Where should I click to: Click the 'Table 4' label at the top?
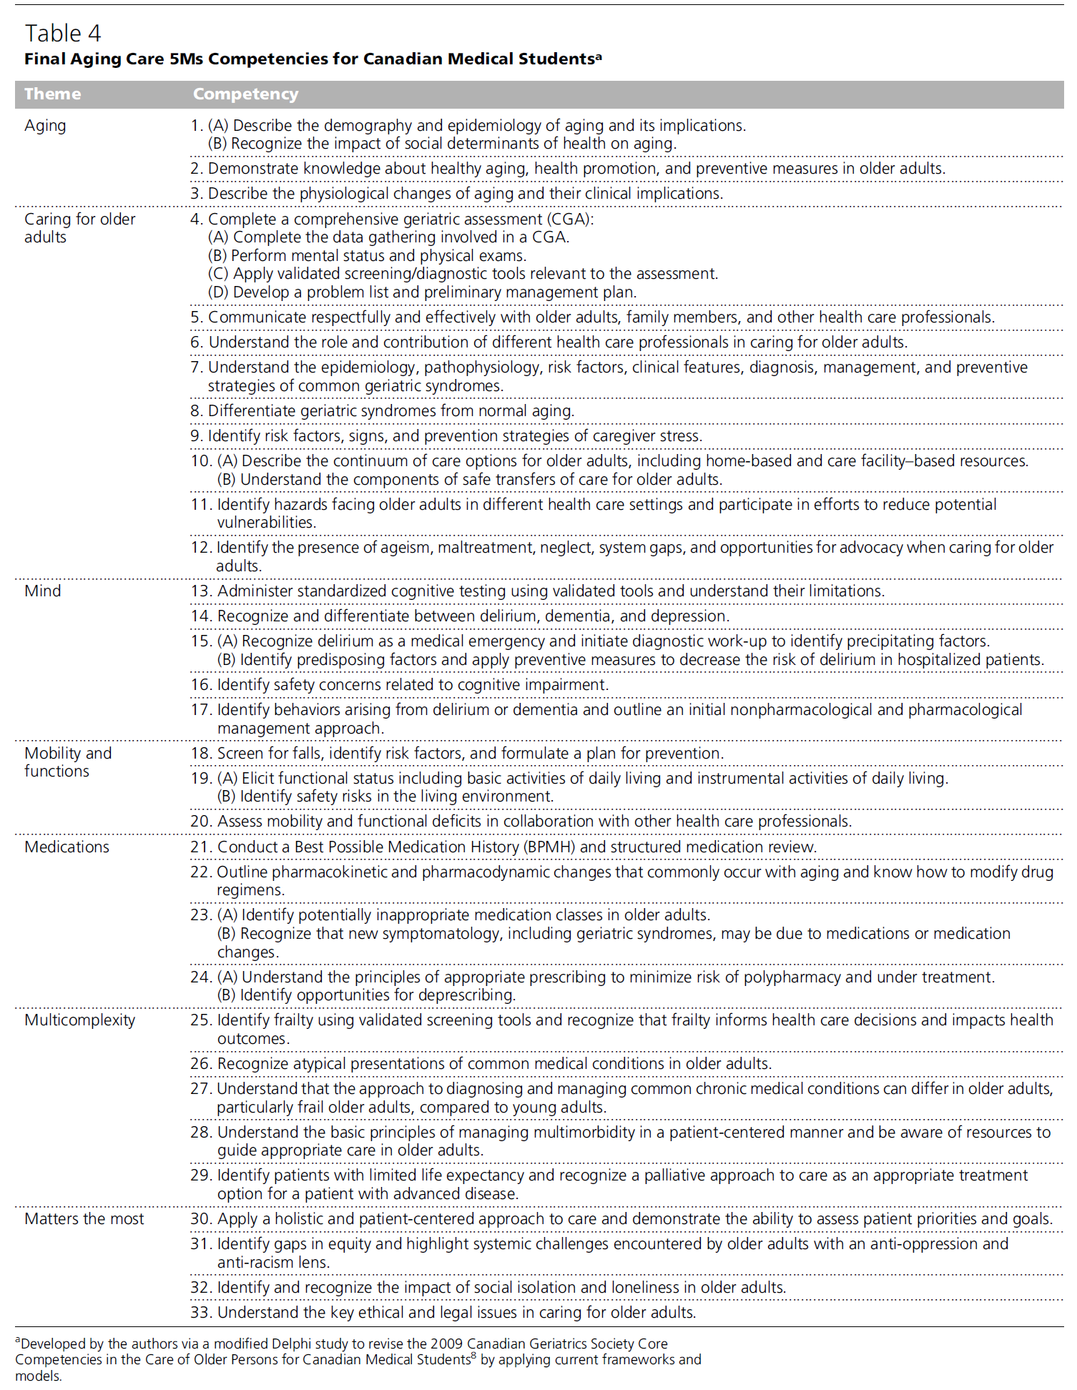click(x=63, y=33)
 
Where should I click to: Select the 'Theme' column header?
click(x=52, y=94)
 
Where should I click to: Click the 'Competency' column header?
click(x=245, y=94)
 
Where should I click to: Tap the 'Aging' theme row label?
click(x=45, y=126)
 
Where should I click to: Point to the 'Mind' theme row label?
click(x=43, y=591)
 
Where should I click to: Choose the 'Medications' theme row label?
click(x=67, y=847)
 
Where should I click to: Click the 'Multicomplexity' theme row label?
click(x=79, y=1020)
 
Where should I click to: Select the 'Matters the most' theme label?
click(x=84, y=1218)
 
